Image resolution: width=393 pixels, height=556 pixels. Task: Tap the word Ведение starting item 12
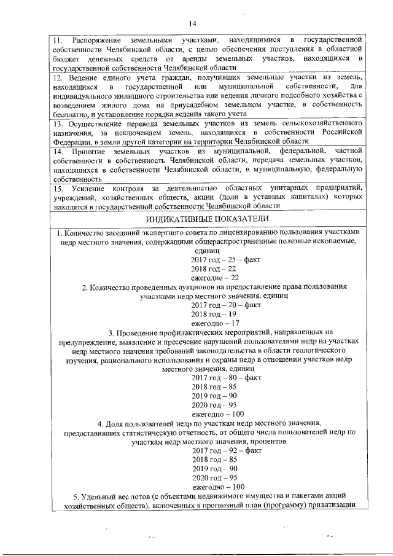85,80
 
